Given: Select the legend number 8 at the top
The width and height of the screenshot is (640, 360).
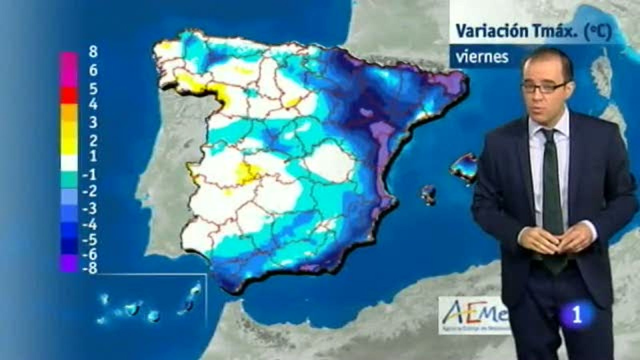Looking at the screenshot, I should click(x=93, y=52).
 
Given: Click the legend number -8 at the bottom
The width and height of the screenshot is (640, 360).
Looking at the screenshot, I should click(x=90, y=269).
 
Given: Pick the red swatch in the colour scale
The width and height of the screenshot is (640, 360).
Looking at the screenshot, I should click(x=68, y=95).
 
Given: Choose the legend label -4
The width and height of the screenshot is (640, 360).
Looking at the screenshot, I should click(x=90, y=225).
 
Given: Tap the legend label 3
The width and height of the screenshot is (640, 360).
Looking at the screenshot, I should click(x=93, y=122).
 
